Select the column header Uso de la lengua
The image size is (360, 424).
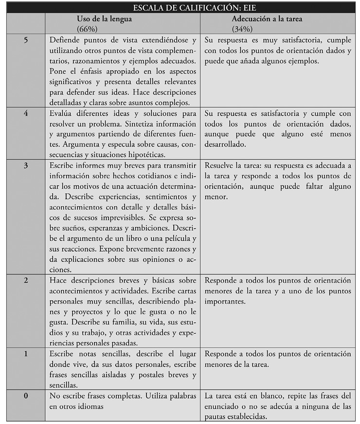tap(104, 19)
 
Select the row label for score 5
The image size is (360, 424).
tap(25, 40)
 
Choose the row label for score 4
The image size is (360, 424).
tap(25, 113)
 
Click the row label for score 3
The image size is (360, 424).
tap(25, 166)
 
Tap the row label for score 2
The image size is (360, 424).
tap(25, 280)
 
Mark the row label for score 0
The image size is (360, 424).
tap(25, 396)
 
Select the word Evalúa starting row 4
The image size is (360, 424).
tap(62, 113)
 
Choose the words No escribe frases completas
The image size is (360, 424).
tap(95, 396)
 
